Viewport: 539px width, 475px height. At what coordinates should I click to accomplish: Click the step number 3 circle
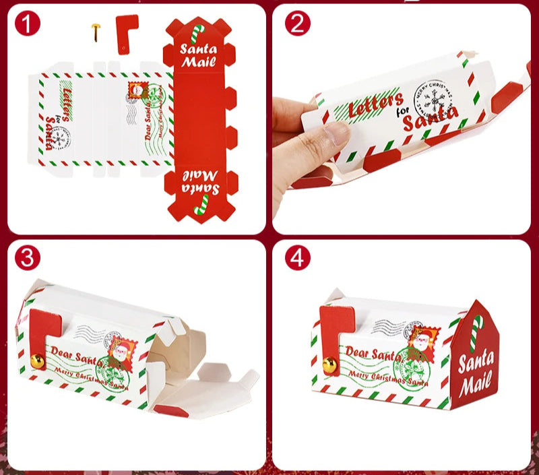pos(28,258)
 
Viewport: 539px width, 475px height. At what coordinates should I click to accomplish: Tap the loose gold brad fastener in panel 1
pos(96,30)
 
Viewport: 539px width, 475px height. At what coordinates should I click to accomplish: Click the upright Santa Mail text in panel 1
pos(199,56)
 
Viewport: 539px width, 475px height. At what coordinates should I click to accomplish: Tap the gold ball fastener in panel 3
pos(37,362)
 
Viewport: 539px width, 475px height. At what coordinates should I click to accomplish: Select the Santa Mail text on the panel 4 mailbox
pos(476,373)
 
